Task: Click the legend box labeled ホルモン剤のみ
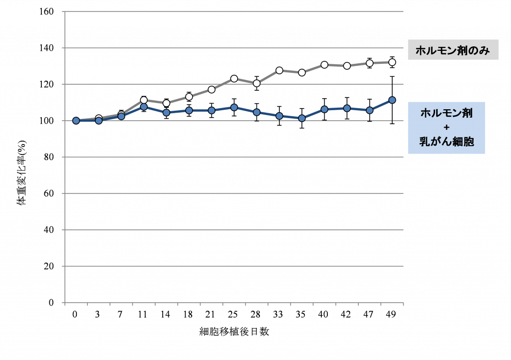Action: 453,50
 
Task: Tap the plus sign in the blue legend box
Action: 446,128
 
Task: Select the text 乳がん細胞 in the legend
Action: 446,142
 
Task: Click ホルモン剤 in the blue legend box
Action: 446,113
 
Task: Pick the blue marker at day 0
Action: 76,121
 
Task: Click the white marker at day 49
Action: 392,62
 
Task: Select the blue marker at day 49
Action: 392,100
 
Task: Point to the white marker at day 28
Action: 256,83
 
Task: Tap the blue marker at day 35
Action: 302,118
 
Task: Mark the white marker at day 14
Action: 166,103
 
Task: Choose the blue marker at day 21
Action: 212,110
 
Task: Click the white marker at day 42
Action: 347,66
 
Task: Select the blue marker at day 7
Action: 121,116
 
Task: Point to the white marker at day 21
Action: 212,89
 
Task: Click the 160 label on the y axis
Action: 49,11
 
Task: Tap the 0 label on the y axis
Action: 52,303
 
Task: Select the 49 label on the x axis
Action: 392,315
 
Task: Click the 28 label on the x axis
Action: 256,315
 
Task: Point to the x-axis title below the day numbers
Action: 234,332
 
